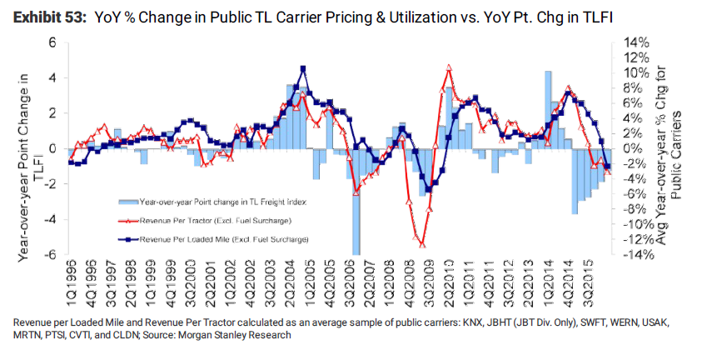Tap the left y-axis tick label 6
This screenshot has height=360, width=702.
(51, 42)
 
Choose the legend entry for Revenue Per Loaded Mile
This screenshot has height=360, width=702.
(225, 238)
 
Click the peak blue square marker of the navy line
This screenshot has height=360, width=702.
(303, 68)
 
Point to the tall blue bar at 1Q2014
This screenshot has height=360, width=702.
(548, 108)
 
